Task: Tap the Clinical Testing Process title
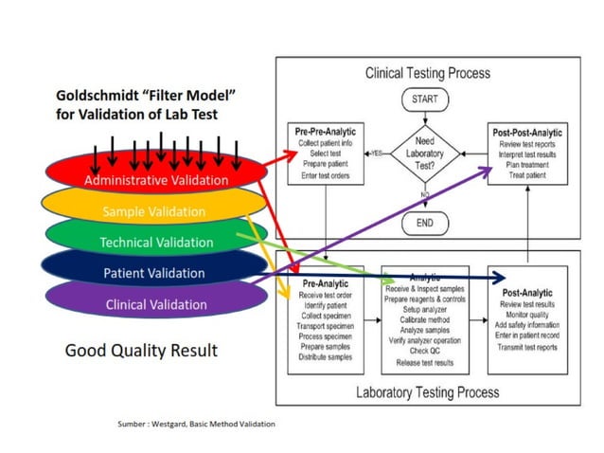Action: coord(427,72)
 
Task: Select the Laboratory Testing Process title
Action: coord(428,391)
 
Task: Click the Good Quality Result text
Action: coord(140,351)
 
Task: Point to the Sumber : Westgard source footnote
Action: coord(196,423)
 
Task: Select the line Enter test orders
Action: coord(325,176)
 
